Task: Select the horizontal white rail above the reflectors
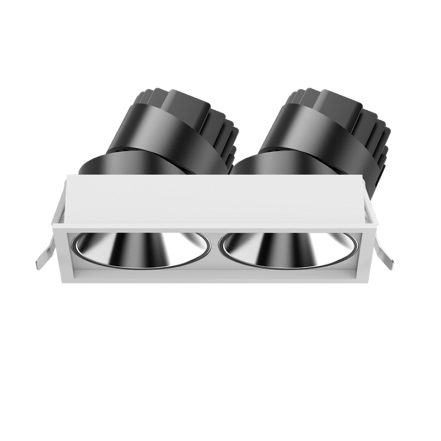[215, 228]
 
